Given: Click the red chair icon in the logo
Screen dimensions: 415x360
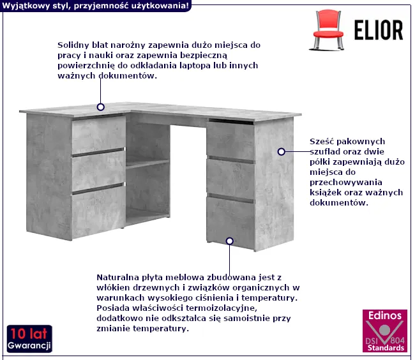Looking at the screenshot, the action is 328,30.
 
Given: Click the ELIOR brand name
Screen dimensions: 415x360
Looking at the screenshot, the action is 379,30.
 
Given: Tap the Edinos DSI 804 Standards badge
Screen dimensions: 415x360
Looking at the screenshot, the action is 385,331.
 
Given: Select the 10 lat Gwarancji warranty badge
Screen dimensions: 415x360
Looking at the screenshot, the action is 29,339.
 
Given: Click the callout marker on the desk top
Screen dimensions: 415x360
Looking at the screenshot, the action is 101,107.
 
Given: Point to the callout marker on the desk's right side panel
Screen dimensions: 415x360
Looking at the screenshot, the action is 282,152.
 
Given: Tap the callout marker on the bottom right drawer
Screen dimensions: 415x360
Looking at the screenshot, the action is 230,241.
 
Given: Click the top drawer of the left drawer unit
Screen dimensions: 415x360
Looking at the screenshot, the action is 98,135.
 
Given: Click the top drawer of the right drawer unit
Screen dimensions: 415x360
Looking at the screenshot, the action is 230,140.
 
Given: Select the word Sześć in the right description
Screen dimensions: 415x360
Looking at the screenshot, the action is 321,141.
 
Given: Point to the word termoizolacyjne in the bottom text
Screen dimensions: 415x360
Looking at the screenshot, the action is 222,308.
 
